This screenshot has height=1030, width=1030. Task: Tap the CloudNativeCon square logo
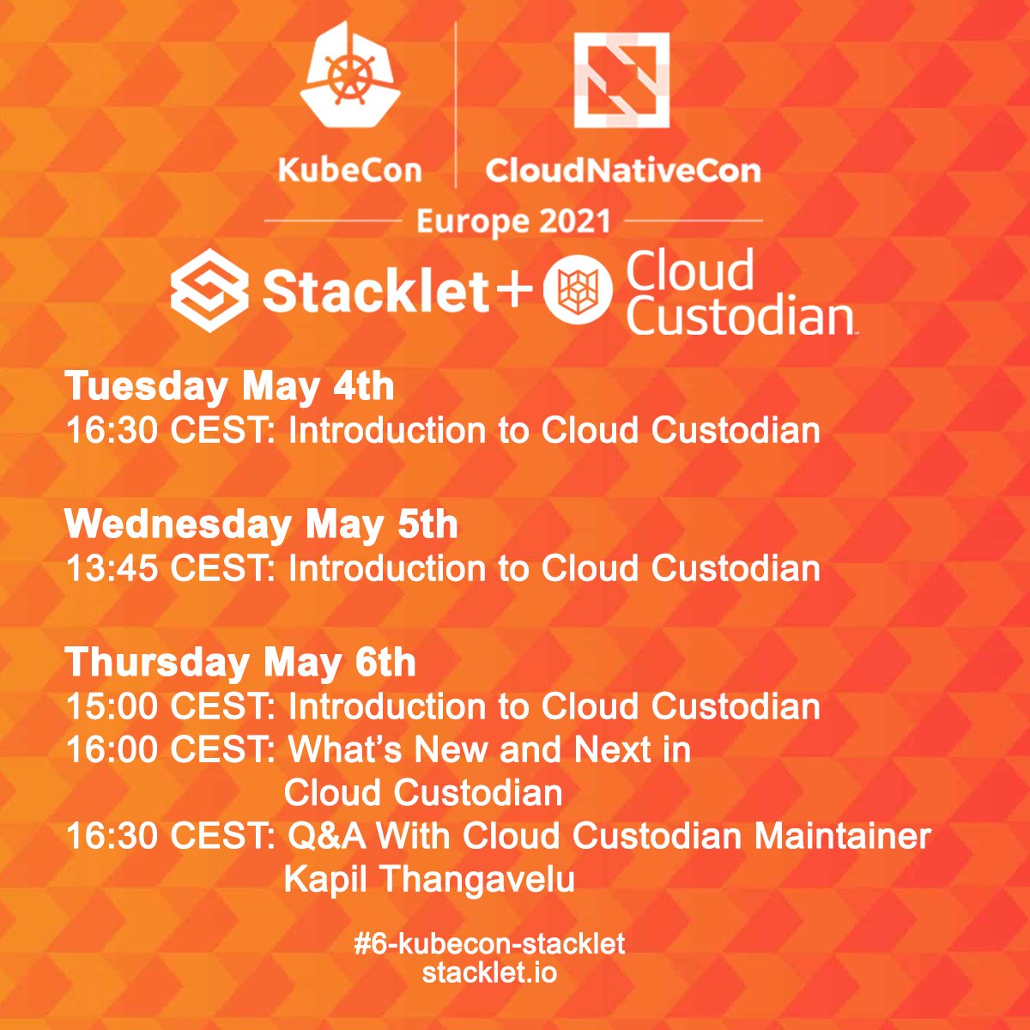click(621, 80)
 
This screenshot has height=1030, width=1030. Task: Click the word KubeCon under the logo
click(350, 170)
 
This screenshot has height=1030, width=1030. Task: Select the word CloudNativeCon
click(622, 170)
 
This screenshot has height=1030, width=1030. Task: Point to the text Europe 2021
click(513, 221)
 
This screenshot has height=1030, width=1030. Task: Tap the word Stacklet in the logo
click(376, 292)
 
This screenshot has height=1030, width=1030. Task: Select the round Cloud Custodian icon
click(577, 292)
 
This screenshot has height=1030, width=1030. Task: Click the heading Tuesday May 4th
click(229, 386)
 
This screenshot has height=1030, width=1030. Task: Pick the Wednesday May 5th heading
click(261, 524)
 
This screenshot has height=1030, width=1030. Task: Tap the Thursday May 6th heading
click(240, 663)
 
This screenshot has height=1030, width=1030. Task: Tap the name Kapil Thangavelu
click(429, 879)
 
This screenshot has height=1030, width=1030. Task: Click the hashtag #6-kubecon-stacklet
click(489, 944)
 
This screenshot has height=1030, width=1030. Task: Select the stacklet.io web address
click(489, 973)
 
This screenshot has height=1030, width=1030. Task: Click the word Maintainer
click(842, 835)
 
